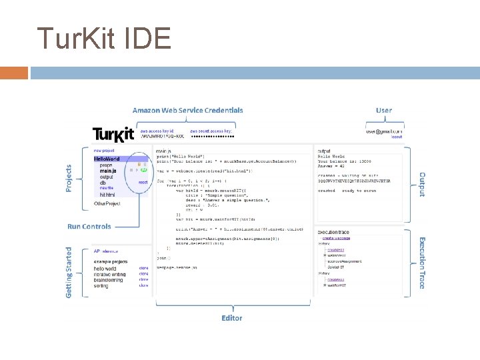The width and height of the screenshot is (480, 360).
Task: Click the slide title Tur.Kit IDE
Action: point(104,39)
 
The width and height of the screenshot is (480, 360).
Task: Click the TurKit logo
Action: point(113,135)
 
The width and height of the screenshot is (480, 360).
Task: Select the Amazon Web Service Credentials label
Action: point(187,110)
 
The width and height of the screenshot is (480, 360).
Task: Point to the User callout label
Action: point(384,110)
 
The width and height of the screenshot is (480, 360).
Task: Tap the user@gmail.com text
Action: point(384,131)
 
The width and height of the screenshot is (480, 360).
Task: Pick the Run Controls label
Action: point(89,227)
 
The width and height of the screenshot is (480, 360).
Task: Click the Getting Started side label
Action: point(69,273)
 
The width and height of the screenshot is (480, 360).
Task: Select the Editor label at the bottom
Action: point(232,318)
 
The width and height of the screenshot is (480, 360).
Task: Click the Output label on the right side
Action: point(421,184)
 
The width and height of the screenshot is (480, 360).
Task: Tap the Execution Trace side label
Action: point(421,263)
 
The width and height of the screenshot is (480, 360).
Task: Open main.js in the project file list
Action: point(109,171)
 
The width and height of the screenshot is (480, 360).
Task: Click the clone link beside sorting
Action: point(143,285)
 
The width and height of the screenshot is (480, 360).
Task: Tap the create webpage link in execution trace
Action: point(337,237)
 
